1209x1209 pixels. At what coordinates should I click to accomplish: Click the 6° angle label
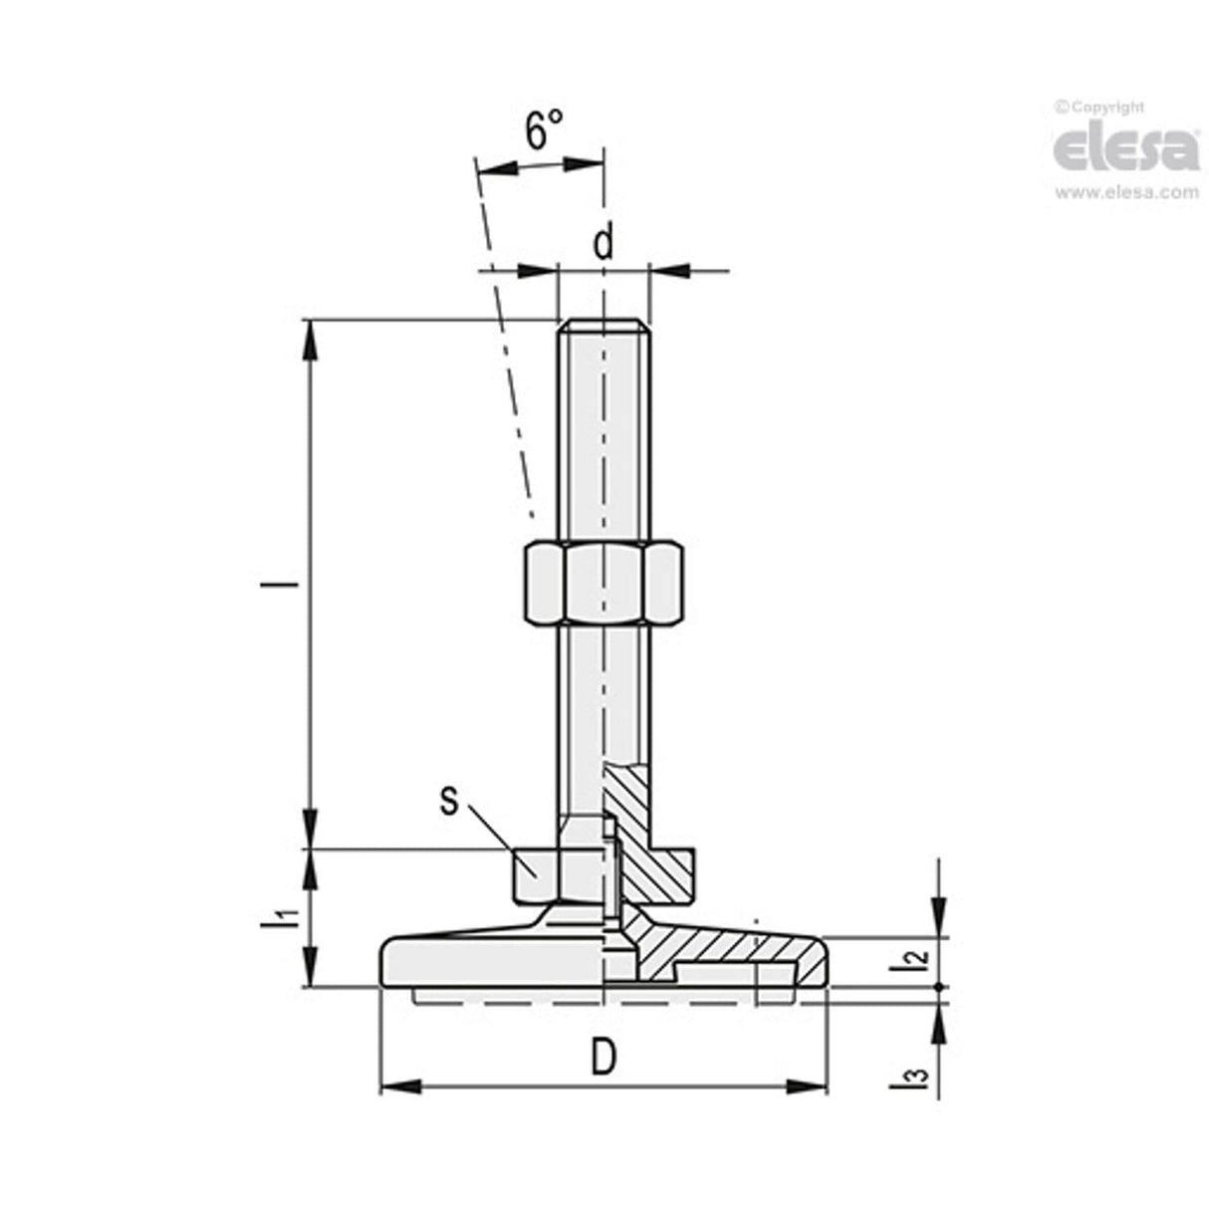(544, 128)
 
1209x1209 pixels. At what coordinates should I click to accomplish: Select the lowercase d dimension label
(604, 242)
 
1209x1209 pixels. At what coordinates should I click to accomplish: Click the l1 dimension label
(286, 918)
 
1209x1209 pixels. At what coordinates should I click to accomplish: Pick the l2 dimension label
(921, 961)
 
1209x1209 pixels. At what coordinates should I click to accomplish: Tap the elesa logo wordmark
(1125, 148)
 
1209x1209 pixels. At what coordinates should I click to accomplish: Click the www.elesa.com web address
(1126, 193)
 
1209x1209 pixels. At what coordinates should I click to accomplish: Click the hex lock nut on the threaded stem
(603, 582)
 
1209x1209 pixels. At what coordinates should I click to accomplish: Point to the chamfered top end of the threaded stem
(604, 326)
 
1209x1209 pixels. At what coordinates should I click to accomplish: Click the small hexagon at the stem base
(538, 872)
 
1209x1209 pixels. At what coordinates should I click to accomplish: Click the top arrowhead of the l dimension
(312, 339)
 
